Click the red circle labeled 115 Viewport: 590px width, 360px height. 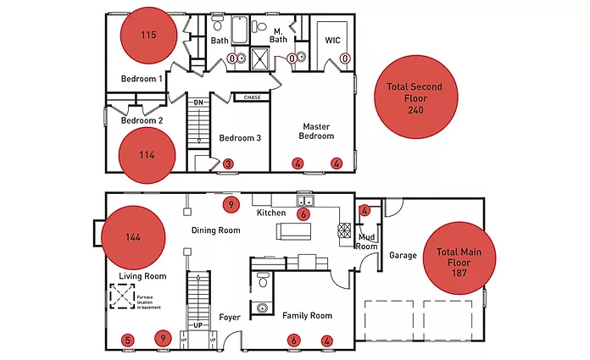coord(149,36)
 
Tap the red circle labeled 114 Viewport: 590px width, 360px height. coord(147,154)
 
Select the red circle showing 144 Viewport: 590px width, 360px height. coord(132,236)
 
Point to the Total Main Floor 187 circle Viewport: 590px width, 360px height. coord(459,263)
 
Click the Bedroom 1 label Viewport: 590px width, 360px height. coord(142,79)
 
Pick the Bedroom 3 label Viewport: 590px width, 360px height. coord(240,138)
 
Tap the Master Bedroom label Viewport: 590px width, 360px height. coord(318,130)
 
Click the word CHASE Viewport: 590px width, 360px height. coord(252,97)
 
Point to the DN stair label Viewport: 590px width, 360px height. coord(198,103)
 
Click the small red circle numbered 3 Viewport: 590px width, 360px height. coord(228,163)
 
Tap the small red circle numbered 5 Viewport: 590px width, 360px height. coord(127,341)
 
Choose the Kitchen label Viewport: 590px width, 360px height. coord(271,213)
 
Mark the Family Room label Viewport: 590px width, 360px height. coord(307,315)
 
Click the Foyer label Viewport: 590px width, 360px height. coord(231,318)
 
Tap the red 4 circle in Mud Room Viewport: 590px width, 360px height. coord(365,210)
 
